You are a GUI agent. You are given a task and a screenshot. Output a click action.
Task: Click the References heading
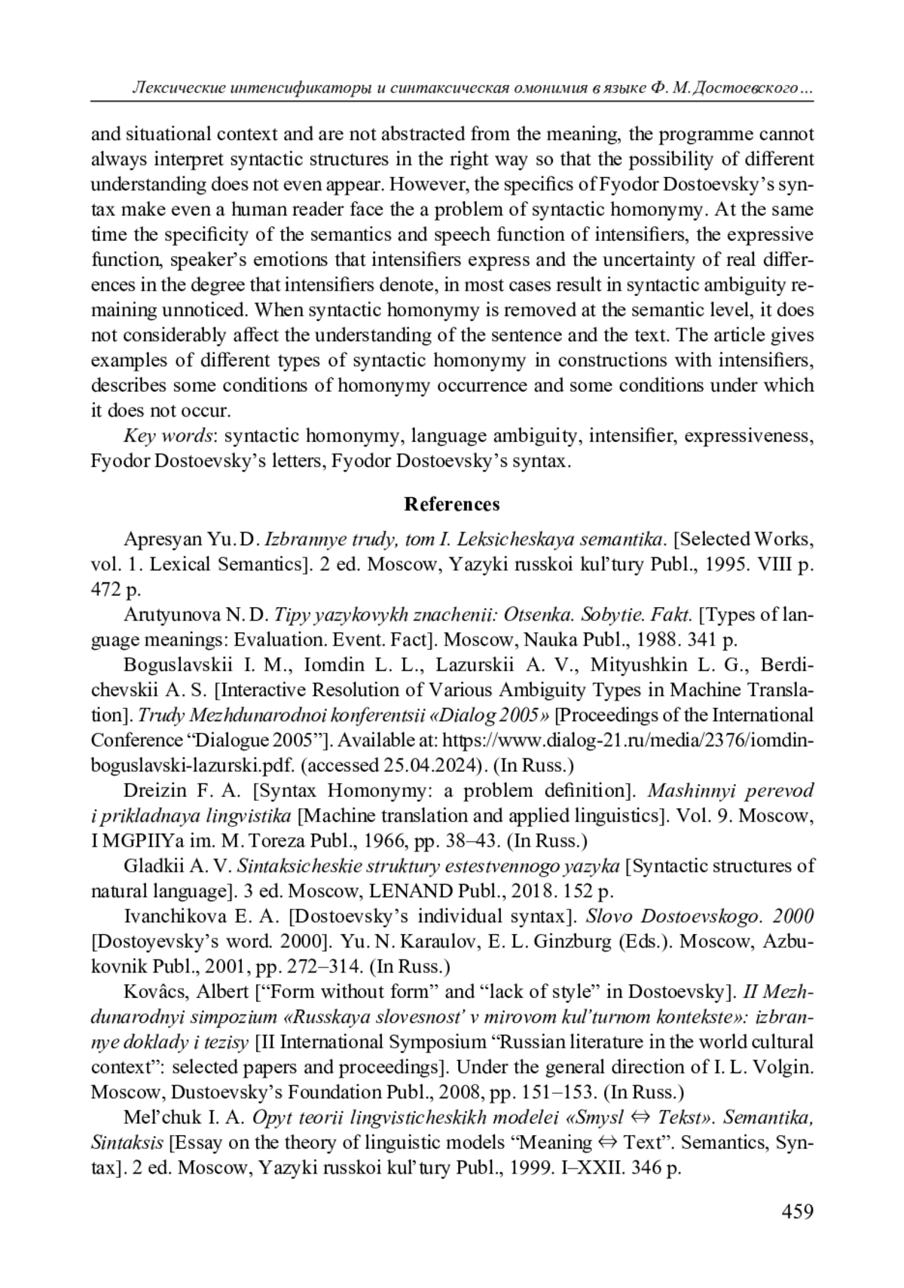451,504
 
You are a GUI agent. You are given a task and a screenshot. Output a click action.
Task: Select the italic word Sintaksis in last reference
127,1143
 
